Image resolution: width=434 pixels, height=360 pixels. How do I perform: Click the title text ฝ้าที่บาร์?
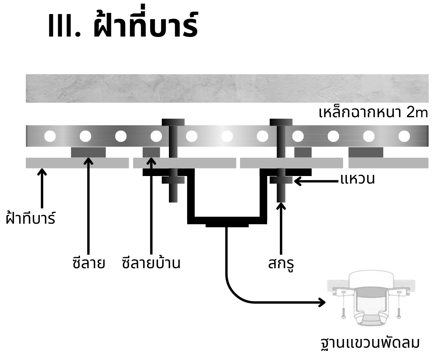click(145, 25)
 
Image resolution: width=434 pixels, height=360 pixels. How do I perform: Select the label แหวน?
click(357, 179)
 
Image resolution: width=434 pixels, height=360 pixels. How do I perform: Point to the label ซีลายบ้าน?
click(151, 263)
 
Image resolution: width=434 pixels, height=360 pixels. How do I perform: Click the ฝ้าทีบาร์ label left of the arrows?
click(31, 219)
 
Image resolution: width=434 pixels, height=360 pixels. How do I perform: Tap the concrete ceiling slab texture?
click(227, 88)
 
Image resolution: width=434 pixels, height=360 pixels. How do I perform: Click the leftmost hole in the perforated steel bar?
click(50, 136)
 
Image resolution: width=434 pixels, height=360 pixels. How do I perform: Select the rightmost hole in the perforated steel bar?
click(404, 136)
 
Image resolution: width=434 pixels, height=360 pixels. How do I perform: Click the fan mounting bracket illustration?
click(370, 302)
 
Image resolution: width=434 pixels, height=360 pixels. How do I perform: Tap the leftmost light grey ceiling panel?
click(77, 163)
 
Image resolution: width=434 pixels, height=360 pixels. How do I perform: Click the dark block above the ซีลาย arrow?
click(88, 152)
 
